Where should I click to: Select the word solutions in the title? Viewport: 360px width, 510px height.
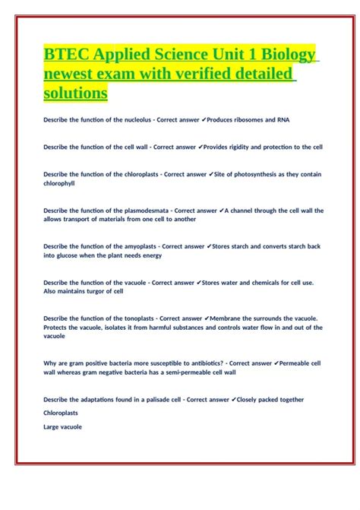[76, 93]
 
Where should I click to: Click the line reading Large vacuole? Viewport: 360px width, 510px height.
[62, 426]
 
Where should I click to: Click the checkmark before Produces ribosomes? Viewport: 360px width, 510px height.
[214, 119]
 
